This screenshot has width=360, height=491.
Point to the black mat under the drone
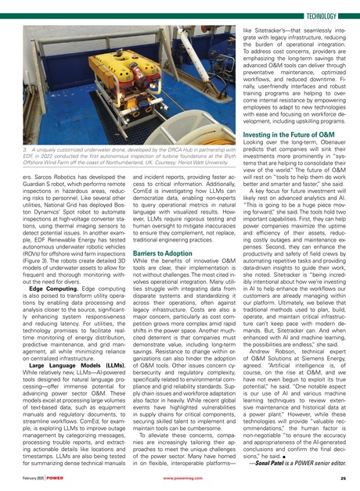pyautogui.click(x=117, y=117)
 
